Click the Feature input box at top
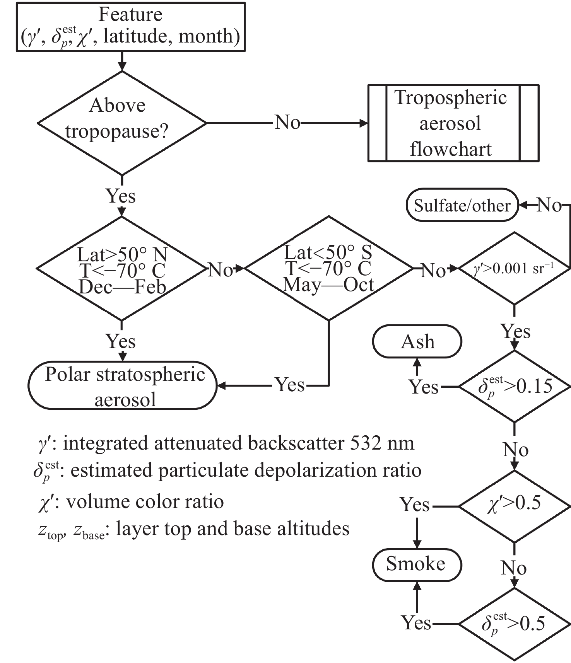click(x=131, y=27)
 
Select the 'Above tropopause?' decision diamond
click(x=122, y=123)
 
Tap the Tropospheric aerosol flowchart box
click(x=453, y=123)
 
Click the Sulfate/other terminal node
click(x=462, y=205)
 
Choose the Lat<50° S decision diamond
click(x=329, y=268)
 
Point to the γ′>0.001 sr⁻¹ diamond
click(x=514, y=268)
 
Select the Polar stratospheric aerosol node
click(x=122, y=386)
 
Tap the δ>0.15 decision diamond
click(x=514, y=386)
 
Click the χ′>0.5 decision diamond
click(x=514, y=506)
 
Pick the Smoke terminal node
click(x=417, y=564)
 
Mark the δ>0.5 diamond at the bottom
click(x=514, y=624)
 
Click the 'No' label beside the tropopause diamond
click(x=287, y=123)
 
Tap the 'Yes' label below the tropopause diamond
click(x=121, y=196)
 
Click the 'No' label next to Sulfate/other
click(x=549, y=205)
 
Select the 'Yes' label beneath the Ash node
click(x=424, y=387)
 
